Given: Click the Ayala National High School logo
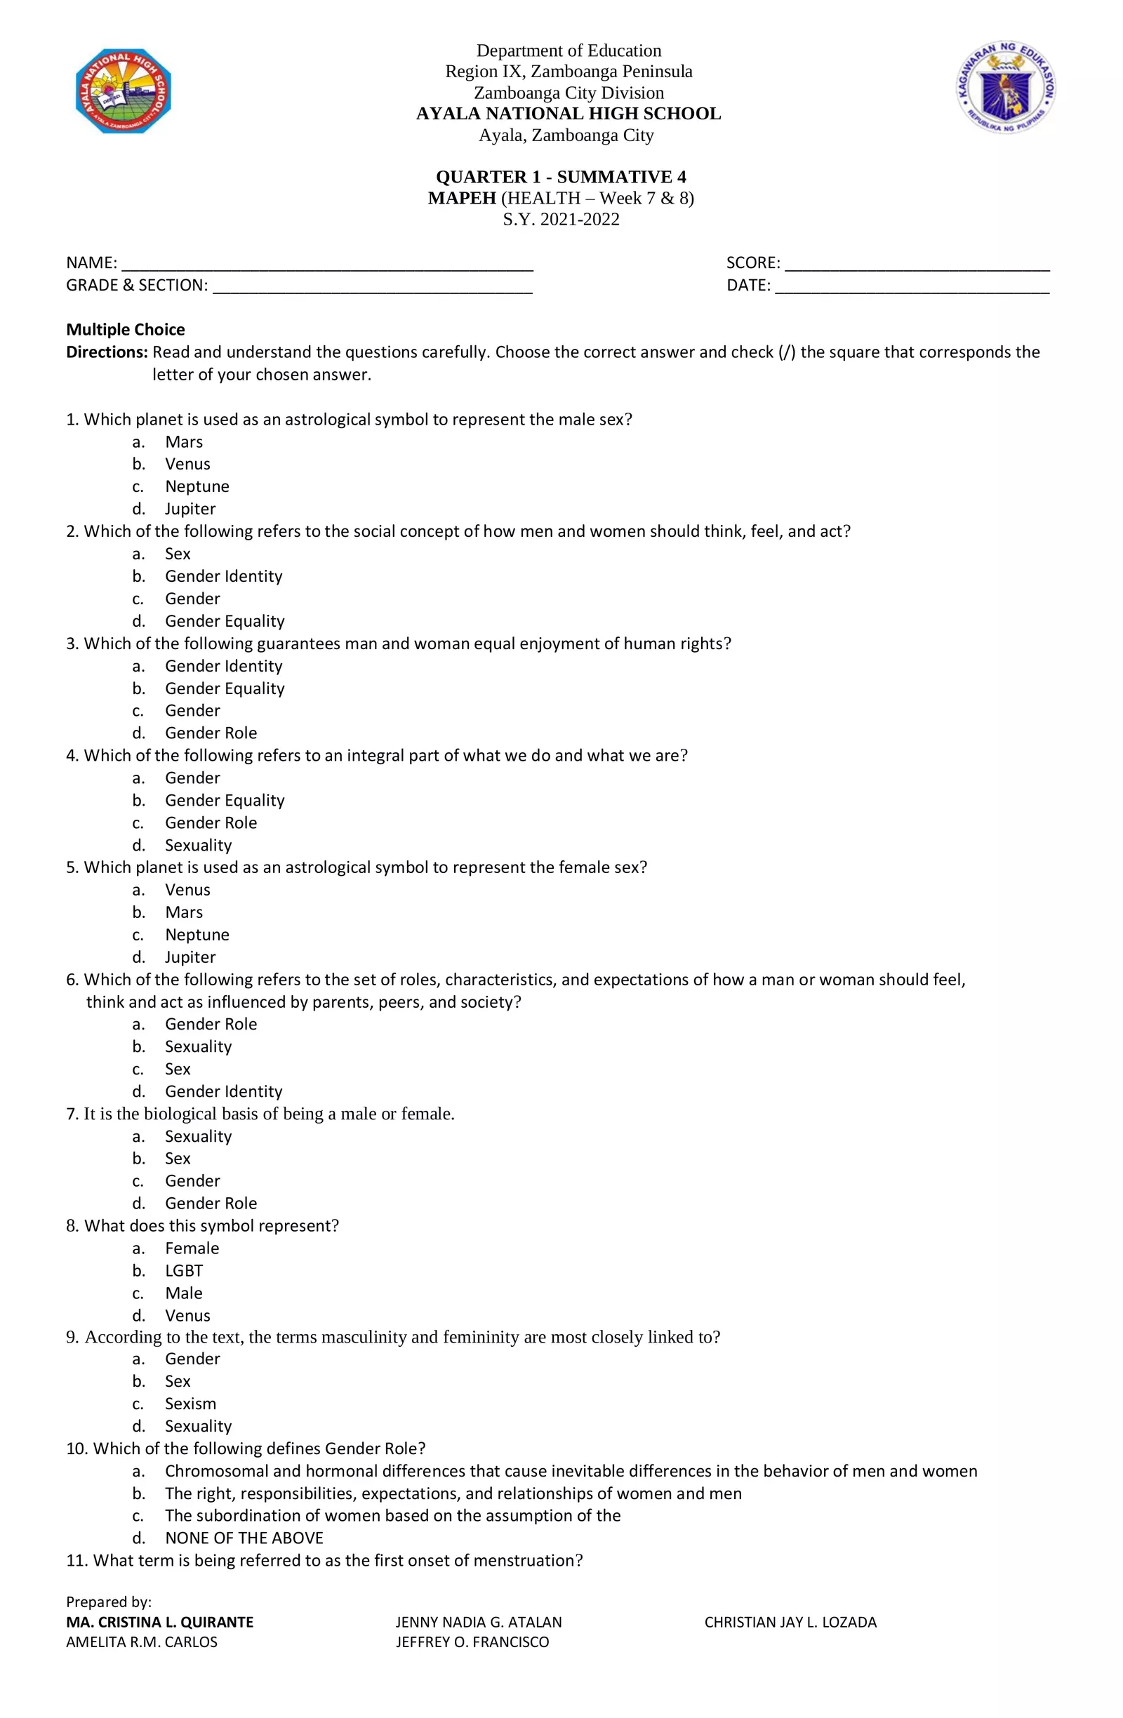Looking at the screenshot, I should [x=124, y=91].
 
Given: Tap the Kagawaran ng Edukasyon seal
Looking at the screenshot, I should [x=1006, y=87].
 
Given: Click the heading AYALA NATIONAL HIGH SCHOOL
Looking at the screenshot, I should [x=568, y=114].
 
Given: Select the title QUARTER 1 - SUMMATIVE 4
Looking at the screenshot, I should [x=561, y=177].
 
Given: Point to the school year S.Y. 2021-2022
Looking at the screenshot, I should [x=561, y=220].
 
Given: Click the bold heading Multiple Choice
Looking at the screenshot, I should [x=126, y=330].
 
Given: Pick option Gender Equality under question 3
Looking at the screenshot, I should [x=225, y=688].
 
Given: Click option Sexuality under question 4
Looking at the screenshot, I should [x=199, y=845].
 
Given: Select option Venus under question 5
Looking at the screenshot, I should [x=187, y=890].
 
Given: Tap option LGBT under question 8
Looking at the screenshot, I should [x=184, y=1271].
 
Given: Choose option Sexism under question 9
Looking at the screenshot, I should [x=190, y=1404].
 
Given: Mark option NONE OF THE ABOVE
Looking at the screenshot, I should [x=244, y=1538].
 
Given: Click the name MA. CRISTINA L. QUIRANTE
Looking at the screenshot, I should [x=159, y=1622].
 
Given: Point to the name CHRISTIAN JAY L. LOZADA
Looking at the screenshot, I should [x=790, y=1622].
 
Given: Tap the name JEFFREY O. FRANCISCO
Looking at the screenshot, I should [x=472, y=1642].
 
